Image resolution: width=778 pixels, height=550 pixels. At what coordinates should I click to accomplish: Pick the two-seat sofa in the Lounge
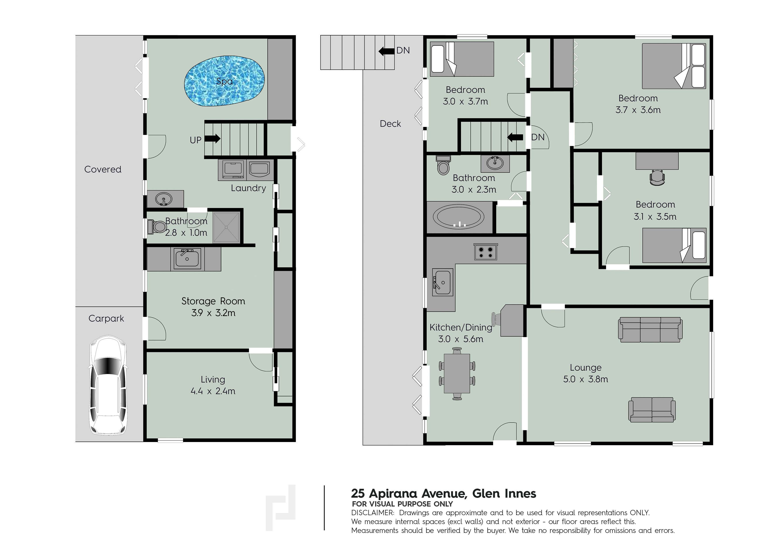click(x=652, y=410)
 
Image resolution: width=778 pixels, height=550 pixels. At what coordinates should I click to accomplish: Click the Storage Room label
click(x=213, y=301)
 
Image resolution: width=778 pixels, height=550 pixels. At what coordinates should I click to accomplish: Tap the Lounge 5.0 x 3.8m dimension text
click(x=586, y=379)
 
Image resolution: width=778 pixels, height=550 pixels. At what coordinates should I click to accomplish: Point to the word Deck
click(x=390, y=124)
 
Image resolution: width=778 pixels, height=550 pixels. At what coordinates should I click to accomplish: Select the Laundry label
click(x=248, y=188)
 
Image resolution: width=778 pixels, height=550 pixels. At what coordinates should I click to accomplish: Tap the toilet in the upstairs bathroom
click(x=443, y=165)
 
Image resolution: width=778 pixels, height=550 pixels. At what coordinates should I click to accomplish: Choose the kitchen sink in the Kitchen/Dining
click(x=442, y=282)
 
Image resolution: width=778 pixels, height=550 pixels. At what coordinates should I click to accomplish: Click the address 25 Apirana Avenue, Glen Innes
click(x=444, y=493)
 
